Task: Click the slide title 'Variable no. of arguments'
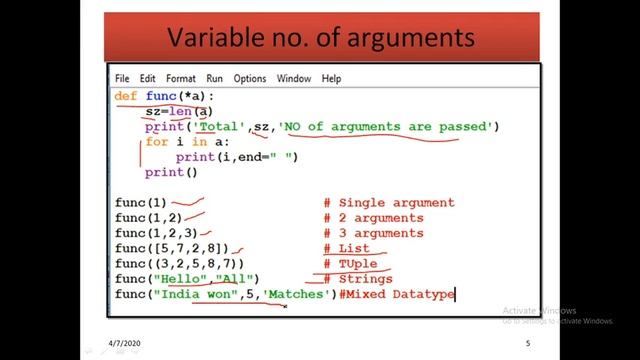[x=319, y=39]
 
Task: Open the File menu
[x=122, y=78]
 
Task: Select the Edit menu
[x=148, y=78]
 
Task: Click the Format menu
[x=181, y=78]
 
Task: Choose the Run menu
[x=215, y=78]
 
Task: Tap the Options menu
[x=250, y=78]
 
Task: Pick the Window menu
[x=294, y=78]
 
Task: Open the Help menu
[x=332, y=78]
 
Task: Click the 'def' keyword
[x=126, y=96]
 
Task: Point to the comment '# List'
[x=346, y=248]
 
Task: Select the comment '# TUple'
[x=350, y=263]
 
